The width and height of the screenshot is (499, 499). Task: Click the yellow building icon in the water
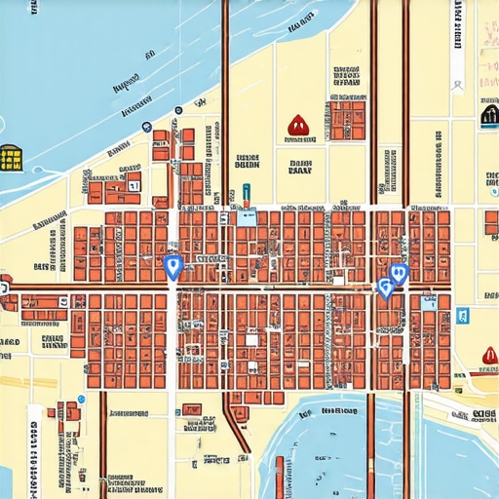12,157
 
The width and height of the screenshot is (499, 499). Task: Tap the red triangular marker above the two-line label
297,125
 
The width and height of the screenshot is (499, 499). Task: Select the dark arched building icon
489,117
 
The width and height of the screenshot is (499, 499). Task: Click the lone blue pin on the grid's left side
173,266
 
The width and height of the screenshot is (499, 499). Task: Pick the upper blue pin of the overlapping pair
398,274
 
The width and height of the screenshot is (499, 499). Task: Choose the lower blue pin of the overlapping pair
385,288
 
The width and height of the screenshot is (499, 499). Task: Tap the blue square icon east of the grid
462,315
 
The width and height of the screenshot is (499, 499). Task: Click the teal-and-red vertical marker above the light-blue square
247,195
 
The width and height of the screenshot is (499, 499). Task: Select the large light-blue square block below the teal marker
248,217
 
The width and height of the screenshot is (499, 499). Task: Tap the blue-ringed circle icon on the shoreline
146,127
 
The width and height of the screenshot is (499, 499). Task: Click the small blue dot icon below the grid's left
81,399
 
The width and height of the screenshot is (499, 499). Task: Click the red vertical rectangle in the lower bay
280,477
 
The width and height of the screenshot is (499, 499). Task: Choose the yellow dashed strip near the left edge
12,382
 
